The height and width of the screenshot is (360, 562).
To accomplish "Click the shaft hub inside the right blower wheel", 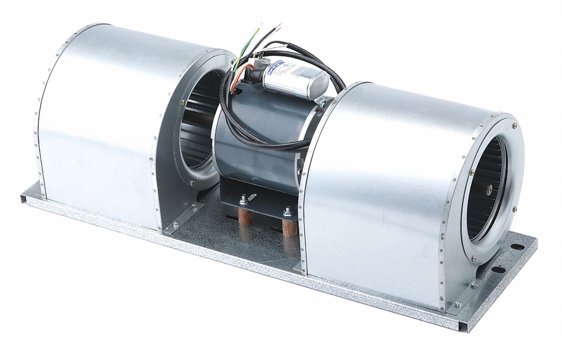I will tap(489, 188).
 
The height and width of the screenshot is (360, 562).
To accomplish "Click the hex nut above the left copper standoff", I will tap(243, 201).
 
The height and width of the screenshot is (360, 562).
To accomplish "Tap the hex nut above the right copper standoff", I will tap(287, 211).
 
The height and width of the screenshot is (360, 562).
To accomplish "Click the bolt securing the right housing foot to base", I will tap(458, 303).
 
